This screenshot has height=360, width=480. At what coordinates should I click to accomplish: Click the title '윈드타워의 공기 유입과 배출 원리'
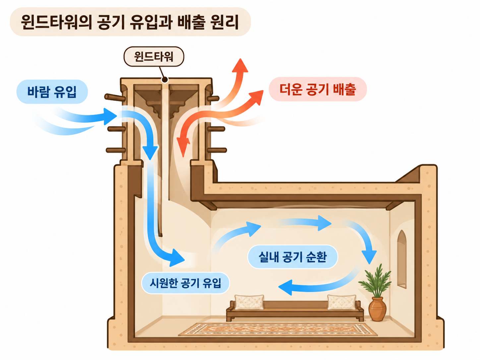pyautogui.click(x=130, y=22)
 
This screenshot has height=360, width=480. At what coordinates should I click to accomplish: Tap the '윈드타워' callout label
pyautogui.click(x=154, y=57)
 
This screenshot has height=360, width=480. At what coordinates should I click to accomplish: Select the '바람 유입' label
pyautogui.click(x=52, y=91)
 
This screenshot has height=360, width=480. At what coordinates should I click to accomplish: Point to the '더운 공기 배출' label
pyautogui.click(x=318, y=89)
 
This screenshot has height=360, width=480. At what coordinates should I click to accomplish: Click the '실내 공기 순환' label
pyautogui.click(x=293, y=257)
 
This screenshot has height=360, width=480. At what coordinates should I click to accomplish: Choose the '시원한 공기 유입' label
pyautogui.click(x=185, y=283)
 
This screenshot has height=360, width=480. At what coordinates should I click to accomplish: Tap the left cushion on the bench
pyautogui.click(x=249, y=302)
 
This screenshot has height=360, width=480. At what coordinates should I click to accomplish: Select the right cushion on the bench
pyautogui.click(x=341, y=302)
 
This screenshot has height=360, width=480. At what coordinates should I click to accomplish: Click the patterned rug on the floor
pyautogui.click(x=278, y=330)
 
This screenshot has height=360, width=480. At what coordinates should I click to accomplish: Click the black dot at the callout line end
pyautogui.click(x=165, y=80)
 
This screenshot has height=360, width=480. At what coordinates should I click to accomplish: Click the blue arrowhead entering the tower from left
pyautogui.click(x=110, y=116)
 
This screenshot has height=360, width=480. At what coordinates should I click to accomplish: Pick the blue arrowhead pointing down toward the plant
pyautogui.click(x=369, y=257)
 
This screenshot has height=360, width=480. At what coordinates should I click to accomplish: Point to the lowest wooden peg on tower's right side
pyautogui.click(x=217, y=150)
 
